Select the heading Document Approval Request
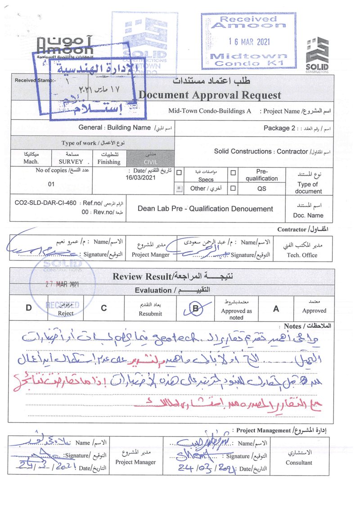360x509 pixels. pos(210,95)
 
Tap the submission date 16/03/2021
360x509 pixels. pos(142,178)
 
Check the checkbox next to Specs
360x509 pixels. pos(179,172)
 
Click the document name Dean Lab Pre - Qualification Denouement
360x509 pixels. pos(205,208)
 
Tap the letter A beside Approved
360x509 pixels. pos(276,308)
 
